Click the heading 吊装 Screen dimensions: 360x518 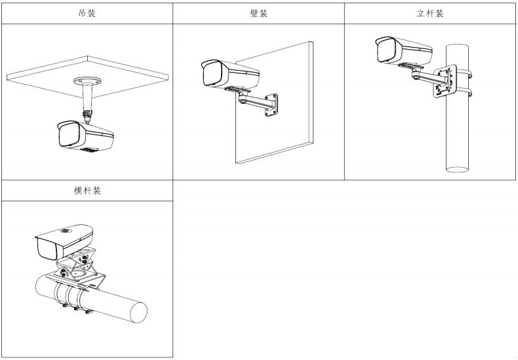tap(87, 13)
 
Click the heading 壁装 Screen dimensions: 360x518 tap(259, 13)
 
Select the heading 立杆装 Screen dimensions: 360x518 tap(430, 13)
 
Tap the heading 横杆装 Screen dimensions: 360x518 tap(87, 191)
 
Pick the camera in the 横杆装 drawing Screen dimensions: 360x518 tap(64, 240)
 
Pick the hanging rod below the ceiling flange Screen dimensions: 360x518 tap(86, 98)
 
